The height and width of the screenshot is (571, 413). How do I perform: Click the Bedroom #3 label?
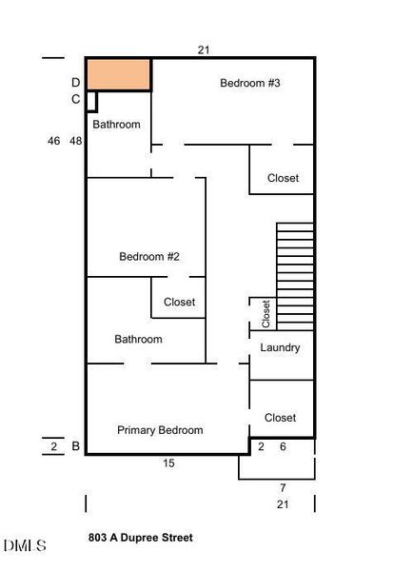click(x=250, y=84)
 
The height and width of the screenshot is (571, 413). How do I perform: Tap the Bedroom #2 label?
click(x=149, y=256)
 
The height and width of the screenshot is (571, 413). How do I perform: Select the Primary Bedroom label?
click(x=160, y=430)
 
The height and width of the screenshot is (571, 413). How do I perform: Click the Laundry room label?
click(x=281, y=347)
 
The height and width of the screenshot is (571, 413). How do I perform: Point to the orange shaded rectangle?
click(x=119, y=74)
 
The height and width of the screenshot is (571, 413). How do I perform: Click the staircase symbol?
click(x=294, y=276)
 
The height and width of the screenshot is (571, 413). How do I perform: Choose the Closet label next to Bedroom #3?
click(x=283, y=178)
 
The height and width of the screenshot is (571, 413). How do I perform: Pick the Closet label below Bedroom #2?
click(x=179, y=302)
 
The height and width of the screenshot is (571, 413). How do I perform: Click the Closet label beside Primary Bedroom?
click(x=281, y=418)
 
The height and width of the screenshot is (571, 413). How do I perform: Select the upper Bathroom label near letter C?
click(x=116, y=125)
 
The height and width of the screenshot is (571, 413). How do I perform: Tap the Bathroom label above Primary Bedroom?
click(x=138, y=339)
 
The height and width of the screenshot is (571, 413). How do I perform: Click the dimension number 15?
click(x=168, y=463)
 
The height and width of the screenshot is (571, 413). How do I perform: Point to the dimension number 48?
click(x=76, y=141)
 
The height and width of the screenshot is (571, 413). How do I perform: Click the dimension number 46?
click(x=53, y=141)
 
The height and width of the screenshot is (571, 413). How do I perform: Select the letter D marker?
click(x=75, y=83)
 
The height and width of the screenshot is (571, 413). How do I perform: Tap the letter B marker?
click(x=75, y=446)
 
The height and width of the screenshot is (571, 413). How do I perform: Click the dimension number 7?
click(x=283, y=487)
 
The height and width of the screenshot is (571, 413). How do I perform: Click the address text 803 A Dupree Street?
click(x=140, y=538)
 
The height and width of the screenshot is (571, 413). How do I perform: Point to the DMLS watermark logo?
click(x=25, y=545)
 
